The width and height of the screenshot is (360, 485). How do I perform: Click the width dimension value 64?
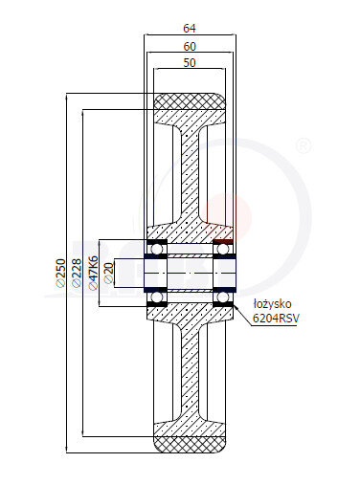[190, 29]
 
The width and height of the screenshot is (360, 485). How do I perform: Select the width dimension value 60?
[190, 47]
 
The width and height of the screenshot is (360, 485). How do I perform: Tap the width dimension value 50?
[190, 63]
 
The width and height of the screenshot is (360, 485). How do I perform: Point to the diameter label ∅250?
[60, 273]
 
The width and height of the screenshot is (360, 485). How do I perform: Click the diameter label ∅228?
[77, 273]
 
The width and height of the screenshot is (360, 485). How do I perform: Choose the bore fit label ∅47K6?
[93, 273]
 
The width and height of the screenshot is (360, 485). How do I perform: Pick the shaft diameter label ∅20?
[109, 273]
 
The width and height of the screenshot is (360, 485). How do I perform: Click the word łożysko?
[272, 304]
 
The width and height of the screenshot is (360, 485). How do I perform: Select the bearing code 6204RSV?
[276, 318]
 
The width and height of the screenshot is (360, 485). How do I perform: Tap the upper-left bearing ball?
[156, 248]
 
